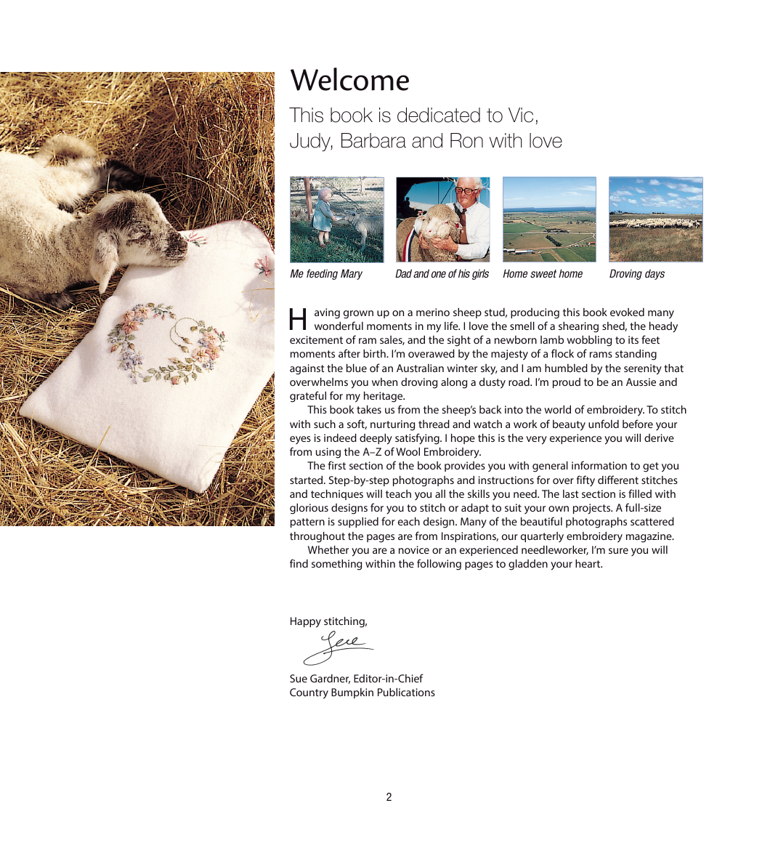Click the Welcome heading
(x=349, y=81)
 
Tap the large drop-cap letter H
(x=298, y=319)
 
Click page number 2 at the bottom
(x=389, y=797)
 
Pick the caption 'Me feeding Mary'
(x=325, y=274)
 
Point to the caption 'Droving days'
(x=636, y=274)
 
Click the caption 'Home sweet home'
(x=543, y=274)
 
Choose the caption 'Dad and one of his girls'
(x=442, y=274)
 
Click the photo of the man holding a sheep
(x=443, y=219)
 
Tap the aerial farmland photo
(x=549, y=219)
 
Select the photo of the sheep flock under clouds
(x=656, y=219)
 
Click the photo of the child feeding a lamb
(x=337, y=219)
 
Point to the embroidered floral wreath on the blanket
(x=166, y=342)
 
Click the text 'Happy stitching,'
(x=328, y=621)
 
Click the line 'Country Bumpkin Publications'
(x=362, y=693)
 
